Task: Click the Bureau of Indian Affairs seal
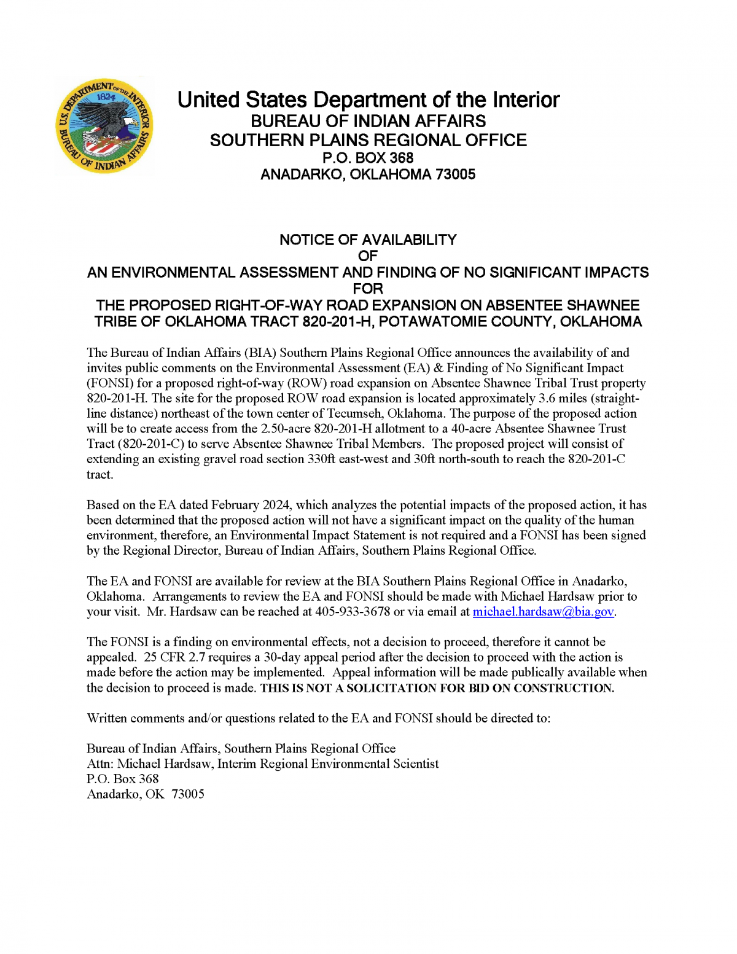tap(104, 126)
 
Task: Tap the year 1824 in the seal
tap(106, 97)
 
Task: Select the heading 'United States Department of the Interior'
tap(368, 100)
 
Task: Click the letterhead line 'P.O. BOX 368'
tap(368, 158)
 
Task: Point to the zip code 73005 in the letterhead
tap(455, 174)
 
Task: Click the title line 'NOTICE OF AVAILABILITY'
tap(368, 240)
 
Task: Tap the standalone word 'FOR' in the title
tap(368, 289)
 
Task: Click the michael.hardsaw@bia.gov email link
tap(543, 612)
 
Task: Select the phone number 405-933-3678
tap(353, 612)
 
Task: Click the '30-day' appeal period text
tap(282, 657)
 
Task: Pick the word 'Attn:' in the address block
tap(100, 764)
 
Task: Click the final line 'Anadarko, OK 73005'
tap(146, 794)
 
